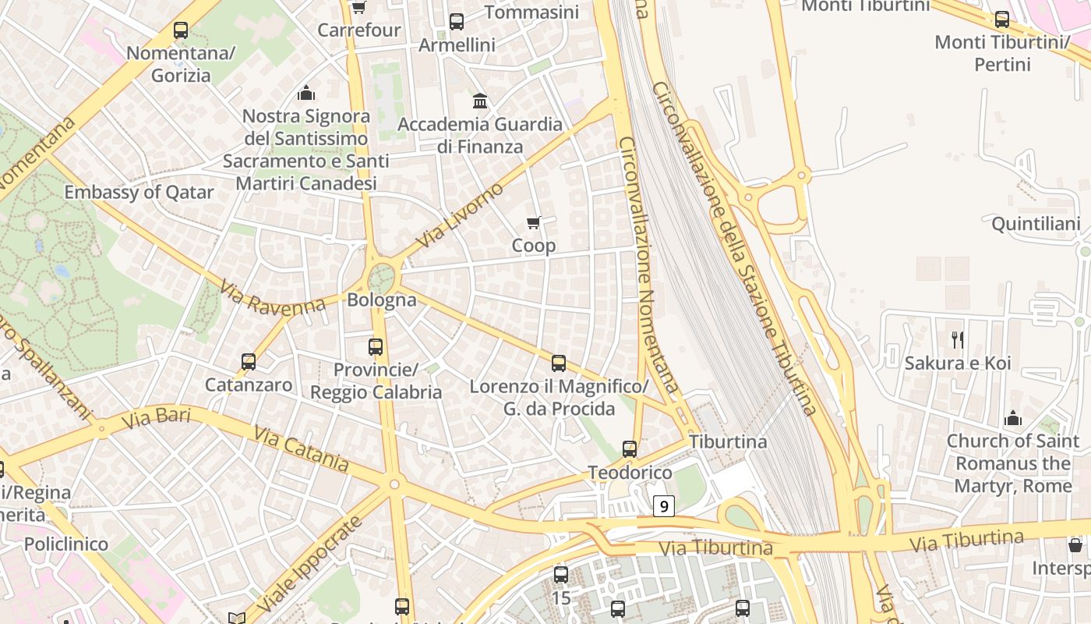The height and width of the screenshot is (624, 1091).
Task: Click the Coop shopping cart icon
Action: pos(534,223)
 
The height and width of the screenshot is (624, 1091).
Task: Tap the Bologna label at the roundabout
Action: pos(382,300)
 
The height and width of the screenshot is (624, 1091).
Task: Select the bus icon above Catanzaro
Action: pos(249,362)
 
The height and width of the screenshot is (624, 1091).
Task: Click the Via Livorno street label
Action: pos(460,215)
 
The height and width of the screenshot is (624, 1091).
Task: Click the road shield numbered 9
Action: pos(663,506)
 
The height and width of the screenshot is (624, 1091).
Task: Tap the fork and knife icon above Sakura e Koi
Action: pos(958,340)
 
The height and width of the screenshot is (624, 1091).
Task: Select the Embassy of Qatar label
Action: pos(139,192)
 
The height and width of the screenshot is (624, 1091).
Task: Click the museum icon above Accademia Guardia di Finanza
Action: pos(480,101)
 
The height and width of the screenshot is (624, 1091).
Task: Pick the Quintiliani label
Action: pos(1036,225)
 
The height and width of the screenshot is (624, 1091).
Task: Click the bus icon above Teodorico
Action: pos(630,449)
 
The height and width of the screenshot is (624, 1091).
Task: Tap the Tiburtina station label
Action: pos(728,441)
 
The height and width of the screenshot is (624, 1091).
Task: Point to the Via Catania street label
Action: pos(301,448)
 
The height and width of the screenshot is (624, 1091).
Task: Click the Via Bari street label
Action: pos(157,418)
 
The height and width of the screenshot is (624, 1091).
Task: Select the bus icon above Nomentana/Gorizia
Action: pos(181,31)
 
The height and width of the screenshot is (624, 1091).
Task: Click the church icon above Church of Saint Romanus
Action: pos(1013,418)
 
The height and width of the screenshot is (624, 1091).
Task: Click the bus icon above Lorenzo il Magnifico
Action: pos(559,363)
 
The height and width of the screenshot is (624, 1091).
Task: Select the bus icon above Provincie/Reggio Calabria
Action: pos(376,346)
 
